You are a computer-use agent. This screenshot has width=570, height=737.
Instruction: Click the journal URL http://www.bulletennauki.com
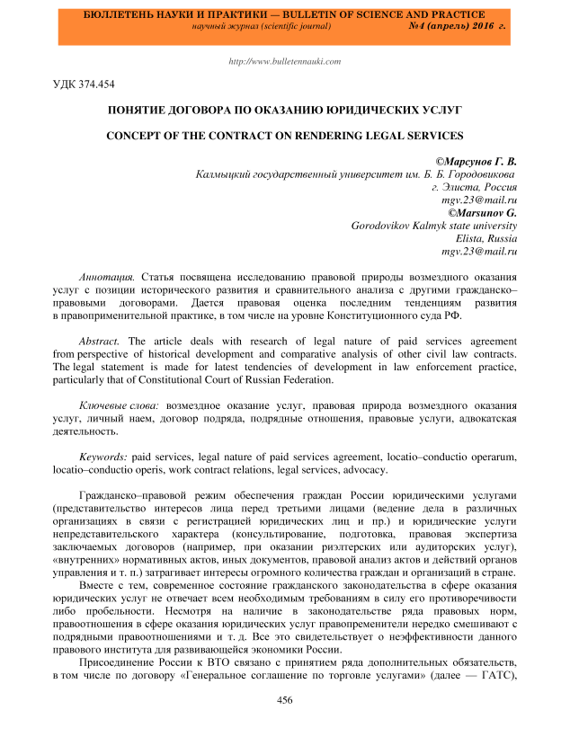coord(285,61)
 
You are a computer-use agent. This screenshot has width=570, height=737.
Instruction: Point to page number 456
coord(285,698)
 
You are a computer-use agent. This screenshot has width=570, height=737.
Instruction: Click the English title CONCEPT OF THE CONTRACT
coord(285,137)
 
